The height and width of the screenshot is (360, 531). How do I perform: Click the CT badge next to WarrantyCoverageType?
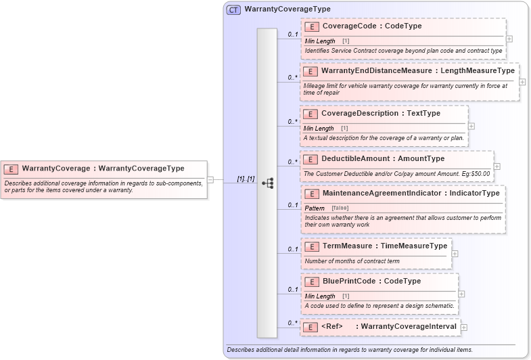click(233, 9)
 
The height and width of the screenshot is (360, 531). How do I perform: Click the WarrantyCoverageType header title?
click(278, 9)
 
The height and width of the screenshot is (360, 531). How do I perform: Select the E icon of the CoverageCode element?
click(312, 26)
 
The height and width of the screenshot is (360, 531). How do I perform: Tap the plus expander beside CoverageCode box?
click(509, 39)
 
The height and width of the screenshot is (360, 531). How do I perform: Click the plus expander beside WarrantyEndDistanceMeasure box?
click(522, 81)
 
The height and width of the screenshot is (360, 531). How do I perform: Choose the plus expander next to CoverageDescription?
click(471, 126)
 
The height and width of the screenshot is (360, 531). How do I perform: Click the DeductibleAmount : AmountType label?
click(382, 158)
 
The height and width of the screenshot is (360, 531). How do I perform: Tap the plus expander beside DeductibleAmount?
click(497, 166)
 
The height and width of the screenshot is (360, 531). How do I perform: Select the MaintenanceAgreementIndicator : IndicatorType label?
click(411, 193)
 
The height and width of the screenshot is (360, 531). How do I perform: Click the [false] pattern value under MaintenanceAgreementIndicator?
click(340, 208)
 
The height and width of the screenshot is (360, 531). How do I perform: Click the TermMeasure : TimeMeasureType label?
click(384, 246)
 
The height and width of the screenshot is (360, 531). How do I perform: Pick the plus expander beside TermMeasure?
click(455, 254)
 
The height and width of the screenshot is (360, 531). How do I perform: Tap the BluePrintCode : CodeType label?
click(371, 281)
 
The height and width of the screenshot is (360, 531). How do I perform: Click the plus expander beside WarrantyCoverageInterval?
click(464, 328)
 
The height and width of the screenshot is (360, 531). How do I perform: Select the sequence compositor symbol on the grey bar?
click(267, 183)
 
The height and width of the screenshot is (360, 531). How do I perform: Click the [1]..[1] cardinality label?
click(245, 179)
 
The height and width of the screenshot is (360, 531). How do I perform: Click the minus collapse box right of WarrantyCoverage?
click(210, 180)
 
